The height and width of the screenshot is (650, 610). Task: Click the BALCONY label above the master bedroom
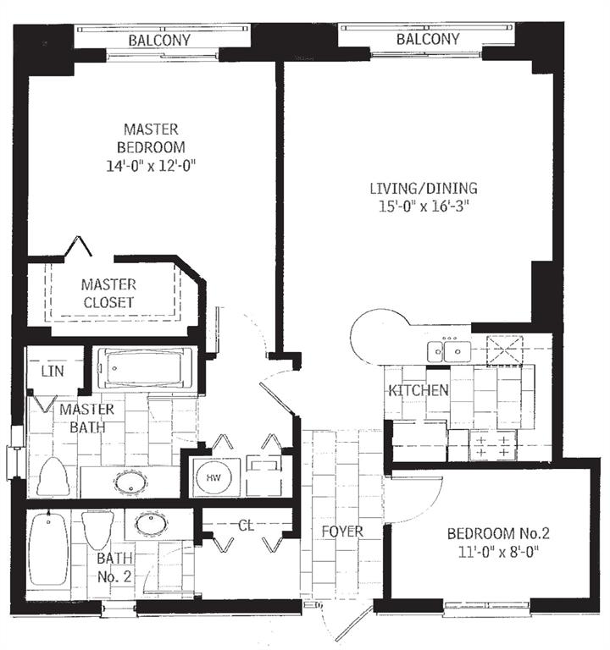(x=159, y=40)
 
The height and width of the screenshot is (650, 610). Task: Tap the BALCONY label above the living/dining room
(x=428, y=39)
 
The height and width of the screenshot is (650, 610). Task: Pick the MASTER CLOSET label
(x=108, y=293)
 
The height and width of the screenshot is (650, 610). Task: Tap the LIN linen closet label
(x=47, y=371)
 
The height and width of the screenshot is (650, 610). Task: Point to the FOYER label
(x=343, y=532)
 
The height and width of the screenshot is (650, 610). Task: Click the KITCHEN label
(x=418, y=390)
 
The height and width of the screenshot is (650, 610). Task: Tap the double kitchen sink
(x=448, y=349)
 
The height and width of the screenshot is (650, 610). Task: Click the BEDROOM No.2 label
(x=498, y=533)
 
